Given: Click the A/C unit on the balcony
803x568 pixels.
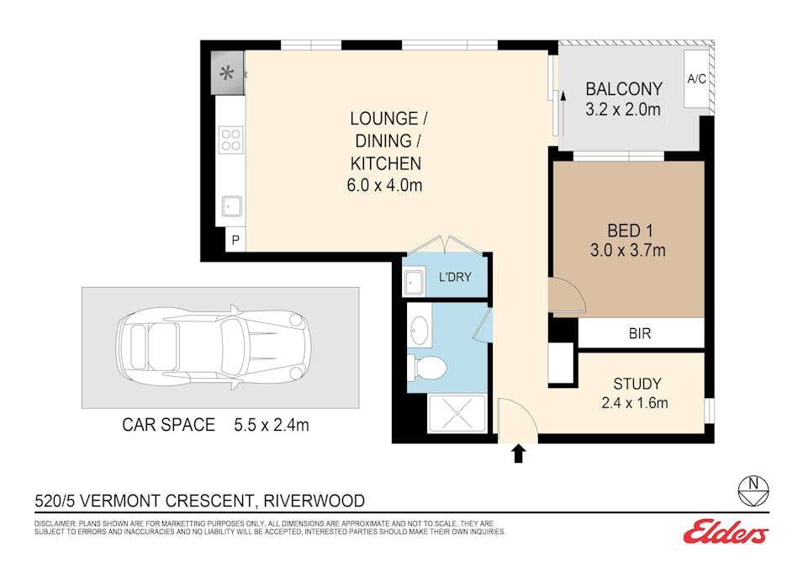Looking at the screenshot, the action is coord(696,79).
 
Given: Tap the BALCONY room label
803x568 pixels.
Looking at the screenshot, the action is coord(624,88).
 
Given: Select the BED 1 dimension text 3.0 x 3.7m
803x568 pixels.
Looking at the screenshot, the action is coord(628,250).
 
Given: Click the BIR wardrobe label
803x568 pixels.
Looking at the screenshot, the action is coord(640,334).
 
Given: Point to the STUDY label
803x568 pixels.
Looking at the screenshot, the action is coord(637,384).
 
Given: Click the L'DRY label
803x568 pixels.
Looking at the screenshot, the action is coord(455,277).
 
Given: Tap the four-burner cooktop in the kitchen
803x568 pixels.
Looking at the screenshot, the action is coord(231,140).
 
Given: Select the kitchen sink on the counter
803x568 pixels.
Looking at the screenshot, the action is coord(231,206).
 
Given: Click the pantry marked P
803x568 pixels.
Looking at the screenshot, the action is coord(235,240).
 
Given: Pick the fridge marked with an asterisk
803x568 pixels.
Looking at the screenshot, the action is coord(227,73).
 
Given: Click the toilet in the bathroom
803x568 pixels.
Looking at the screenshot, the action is coord(428,368).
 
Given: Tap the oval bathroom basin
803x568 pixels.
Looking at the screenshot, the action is coord(420,331).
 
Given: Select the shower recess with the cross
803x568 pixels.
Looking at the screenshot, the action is coord(457,414).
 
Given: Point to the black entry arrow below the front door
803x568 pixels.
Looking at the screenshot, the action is coord(519,454).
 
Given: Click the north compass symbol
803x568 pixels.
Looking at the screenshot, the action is coord(753,491).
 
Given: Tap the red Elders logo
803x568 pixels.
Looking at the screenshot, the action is coord(726,532).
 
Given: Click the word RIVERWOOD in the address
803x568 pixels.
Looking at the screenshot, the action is coord(314,501).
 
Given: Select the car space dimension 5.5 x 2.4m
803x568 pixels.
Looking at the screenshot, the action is coord(272,425).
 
